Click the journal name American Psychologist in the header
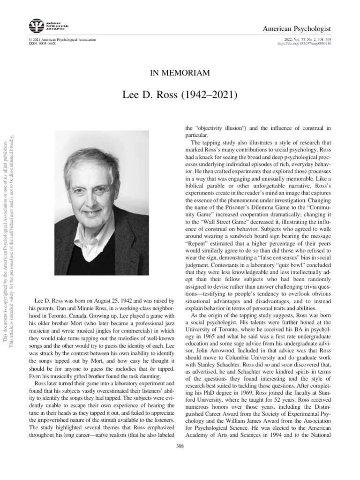[x=300, y=29]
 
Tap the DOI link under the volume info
[x=304, y=44]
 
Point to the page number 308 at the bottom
[x=180, y=445]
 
